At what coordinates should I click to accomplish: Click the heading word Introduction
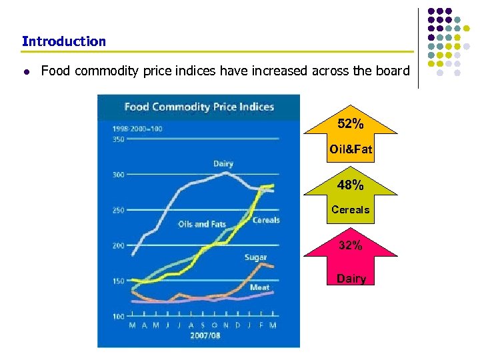63,41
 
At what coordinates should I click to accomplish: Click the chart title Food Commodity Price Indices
199,107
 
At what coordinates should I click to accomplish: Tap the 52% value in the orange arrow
351,124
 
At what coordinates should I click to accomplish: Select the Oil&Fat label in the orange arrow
351,149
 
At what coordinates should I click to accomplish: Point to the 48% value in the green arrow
351,185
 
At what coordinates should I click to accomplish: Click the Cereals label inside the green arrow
351,210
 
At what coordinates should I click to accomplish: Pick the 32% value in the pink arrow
351,245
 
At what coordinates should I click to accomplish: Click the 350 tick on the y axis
119,139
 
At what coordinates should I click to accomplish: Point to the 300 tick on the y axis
119,175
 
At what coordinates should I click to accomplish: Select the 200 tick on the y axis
119,245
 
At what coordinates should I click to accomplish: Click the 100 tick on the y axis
119,316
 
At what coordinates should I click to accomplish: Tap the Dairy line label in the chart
223,164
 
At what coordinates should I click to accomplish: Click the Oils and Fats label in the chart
202,225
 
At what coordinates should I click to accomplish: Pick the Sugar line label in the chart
255,257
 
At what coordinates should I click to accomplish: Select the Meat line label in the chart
259,287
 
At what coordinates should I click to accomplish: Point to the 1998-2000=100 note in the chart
137,128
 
